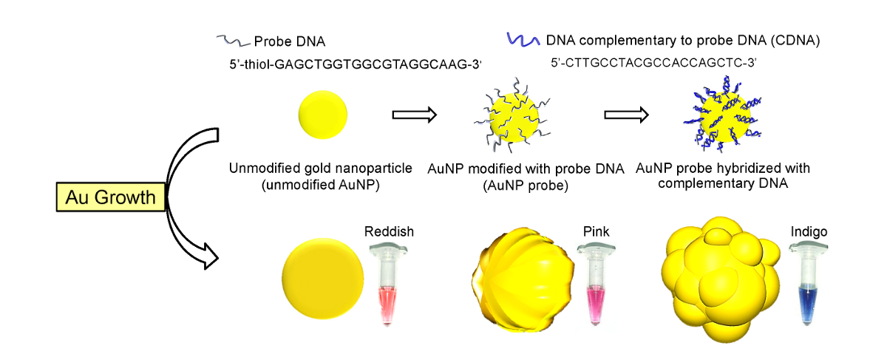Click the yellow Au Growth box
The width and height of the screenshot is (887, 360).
[x=111, y=197]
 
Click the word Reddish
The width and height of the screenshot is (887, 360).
[x=389, y=232]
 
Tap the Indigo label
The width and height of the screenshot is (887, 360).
[x=807, y=232]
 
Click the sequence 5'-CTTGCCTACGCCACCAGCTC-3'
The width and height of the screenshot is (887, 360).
[x=653, y=64]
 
